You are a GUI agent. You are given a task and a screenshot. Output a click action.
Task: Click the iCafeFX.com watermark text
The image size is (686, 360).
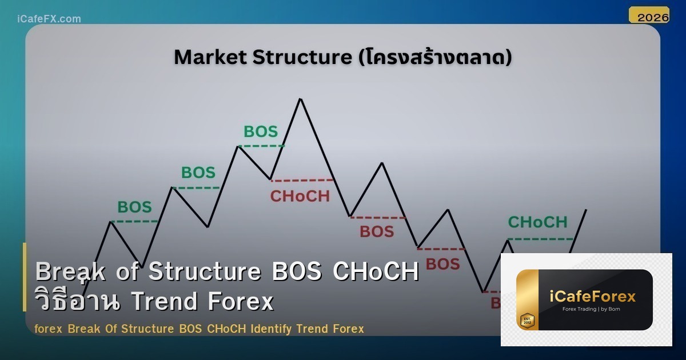49,19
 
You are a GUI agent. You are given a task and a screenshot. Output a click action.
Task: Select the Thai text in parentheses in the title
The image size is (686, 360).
434,57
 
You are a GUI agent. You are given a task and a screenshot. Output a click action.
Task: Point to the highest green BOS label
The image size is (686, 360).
261,131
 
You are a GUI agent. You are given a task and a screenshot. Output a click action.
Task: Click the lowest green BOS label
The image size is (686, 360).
134,207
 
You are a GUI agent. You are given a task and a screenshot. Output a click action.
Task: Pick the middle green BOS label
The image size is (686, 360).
198,172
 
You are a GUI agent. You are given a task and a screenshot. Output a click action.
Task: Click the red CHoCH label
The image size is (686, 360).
300,196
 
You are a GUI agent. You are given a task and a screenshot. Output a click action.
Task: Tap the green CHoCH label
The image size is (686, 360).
537,222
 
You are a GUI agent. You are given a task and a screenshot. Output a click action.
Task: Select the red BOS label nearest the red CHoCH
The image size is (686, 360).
377,231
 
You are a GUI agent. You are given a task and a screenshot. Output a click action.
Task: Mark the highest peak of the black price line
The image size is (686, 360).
300,99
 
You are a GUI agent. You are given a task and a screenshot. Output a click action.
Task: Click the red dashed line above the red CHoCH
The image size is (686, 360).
302,181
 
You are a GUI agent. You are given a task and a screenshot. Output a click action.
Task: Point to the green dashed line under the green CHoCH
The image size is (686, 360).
540,239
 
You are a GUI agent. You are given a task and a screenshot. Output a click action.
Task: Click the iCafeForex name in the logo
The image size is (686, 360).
592,296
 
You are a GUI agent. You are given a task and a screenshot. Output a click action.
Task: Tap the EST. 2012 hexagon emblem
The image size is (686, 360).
527,321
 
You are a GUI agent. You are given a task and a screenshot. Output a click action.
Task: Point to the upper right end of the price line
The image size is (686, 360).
585,210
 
